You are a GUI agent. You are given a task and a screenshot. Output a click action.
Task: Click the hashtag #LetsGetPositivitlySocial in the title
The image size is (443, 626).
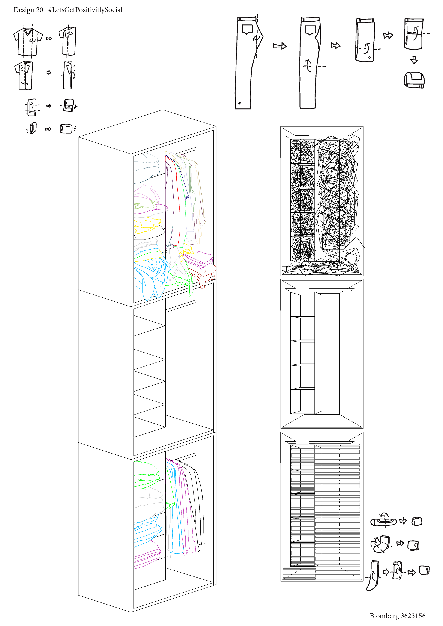(85, 10)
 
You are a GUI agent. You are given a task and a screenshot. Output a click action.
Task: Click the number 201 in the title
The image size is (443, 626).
(41, 10)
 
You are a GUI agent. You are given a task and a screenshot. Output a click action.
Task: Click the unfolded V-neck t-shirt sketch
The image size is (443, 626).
(28, 42)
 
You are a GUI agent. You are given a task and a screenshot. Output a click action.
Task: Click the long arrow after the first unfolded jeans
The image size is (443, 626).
(280, 46)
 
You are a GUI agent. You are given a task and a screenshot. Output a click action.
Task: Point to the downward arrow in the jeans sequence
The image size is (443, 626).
(414, 60)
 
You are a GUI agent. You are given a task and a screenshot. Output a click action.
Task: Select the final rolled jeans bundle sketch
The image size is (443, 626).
(414, 80)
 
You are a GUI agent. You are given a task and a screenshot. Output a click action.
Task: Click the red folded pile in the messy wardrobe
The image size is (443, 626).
(203, 274)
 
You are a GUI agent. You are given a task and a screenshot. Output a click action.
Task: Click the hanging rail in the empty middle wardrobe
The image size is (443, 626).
(181, 306)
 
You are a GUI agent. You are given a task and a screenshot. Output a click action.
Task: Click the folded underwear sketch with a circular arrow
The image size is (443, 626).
(383, 521)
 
